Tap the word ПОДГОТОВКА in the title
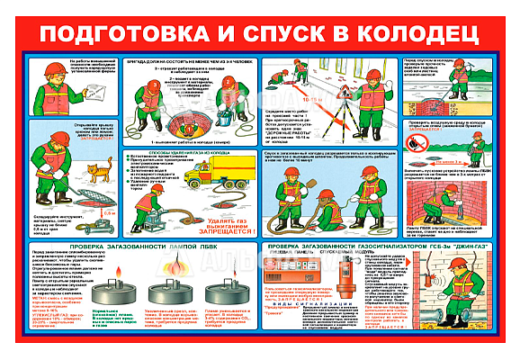tap(135, 34)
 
